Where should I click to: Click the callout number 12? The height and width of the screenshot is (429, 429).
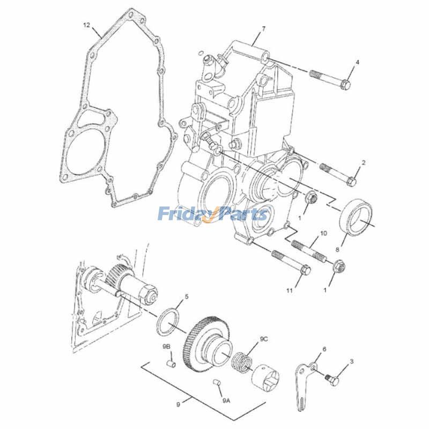click(x=86, y=25)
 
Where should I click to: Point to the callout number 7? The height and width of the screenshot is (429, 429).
click(x=263, y=27)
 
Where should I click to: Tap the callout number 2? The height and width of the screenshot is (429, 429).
click(x=363, y=162)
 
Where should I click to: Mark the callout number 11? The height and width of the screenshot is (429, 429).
click(x=290, y=291)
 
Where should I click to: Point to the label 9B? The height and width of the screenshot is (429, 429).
click(x=167, y=347)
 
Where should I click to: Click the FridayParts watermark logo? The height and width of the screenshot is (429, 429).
click(x=213, y=214)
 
